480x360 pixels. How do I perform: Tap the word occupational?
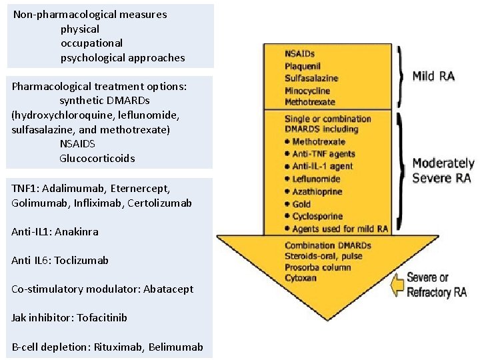pos(91,43)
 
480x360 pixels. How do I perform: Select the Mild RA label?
pos(433,76)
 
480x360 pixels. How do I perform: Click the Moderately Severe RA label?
pos(443,170)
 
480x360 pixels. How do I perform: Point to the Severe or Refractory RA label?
pos(437,285)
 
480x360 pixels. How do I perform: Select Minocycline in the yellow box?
pos(308,90)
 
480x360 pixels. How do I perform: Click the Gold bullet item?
pos(301,204)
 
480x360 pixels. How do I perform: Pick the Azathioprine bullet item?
pos(317,191)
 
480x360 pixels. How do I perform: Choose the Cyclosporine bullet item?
pos(317,217)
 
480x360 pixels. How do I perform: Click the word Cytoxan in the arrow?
pos(301,277)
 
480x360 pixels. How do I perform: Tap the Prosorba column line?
pos(317,267)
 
